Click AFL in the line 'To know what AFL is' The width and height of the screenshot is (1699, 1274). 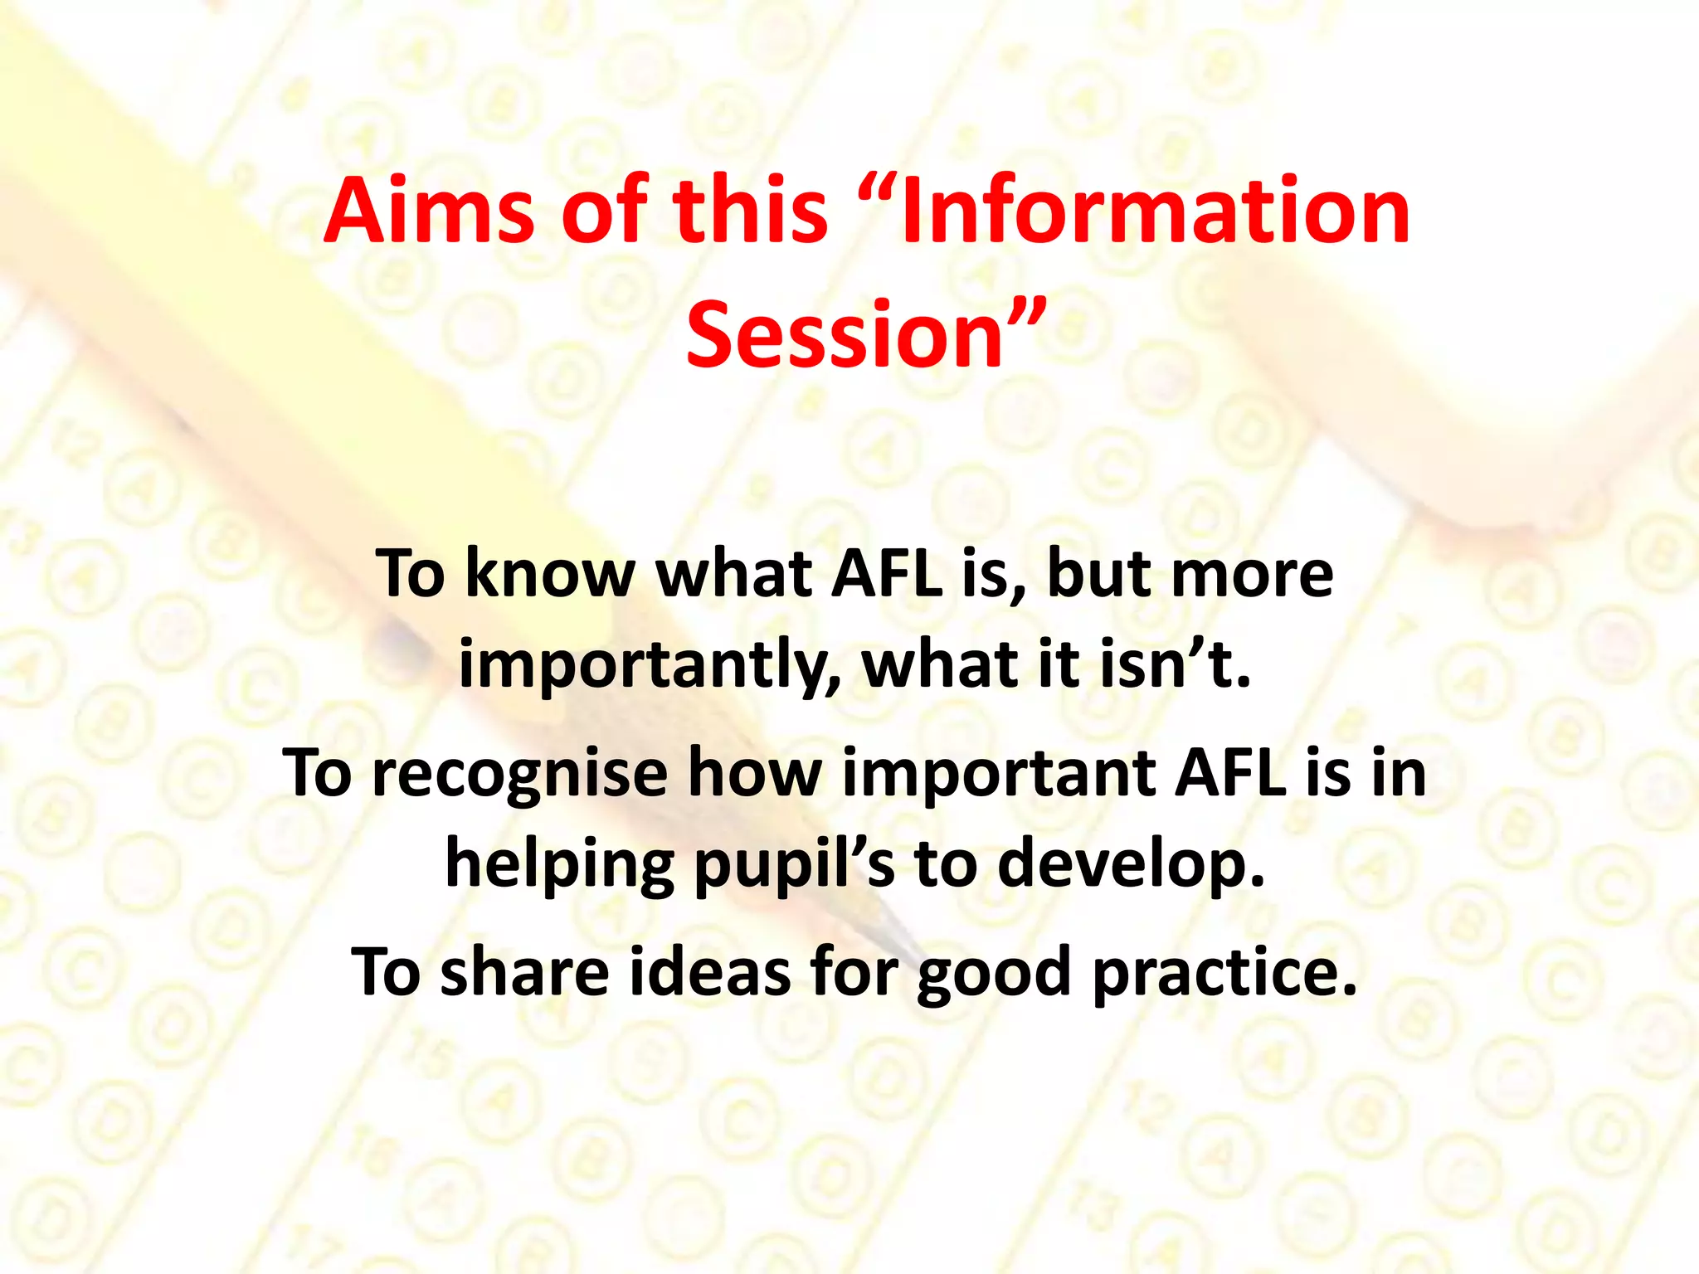tap(888, 574)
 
